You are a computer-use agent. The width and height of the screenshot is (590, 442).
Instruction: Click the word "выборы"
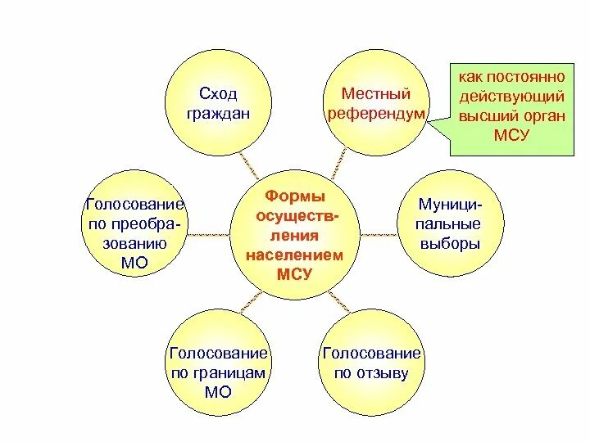click(449, 244)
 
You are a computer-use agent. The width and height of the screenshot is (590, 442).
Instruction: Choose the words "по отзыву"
click(372, 373)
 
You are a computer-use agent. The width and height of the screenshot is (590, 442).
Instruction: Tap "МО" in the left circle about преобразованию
click(136, 262)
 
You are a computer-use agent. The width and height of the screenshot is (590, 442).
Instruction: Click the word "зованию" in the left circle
click(136, 243)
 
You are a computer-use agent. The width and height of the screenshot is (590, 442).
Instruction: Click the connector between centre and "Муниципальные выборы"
click(379, 234)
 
